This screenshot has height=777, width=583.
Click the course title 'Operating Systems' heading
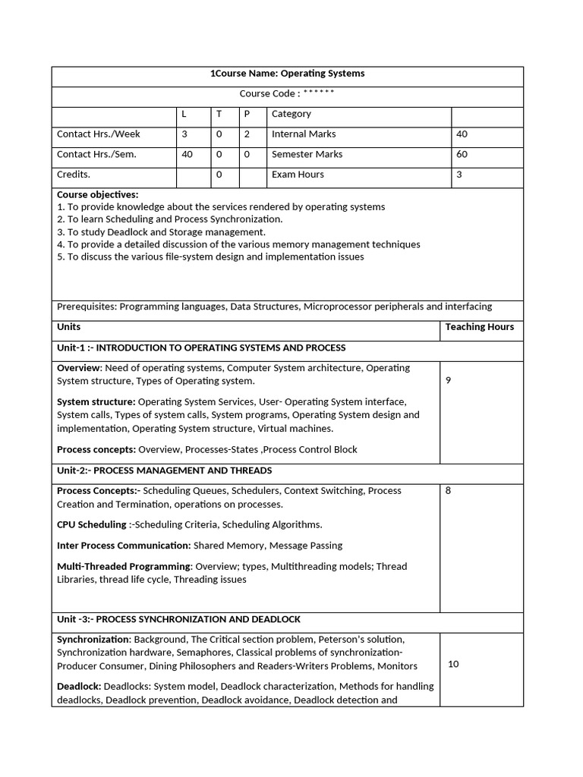click(x=287, y=74)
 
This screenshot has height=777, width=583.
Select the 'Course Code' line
click(x=287, y=94)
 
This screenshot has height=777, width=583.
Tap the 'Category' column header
click(x=291, y=114)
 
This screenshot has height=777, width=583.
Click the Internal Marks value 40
click(x=462, y=134)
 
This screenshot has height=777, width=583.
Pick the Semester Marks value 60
click(x=462, y=154)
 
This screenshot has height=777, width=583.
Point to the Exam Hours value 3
click(x=459, y=175)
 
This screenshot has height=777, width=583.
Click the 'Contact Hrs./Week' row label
click(x=98, y=134)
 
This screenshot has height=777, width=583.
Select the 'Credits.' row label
click(x=74, y=175)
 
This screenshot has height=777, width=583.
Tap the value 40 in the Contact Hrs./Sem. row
click(x=187, y=154)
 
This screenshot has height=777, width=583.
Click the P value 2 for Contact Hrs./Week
click(x=246, y=134)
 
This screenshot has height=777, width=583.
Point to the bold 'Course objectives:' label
click(x=97, y=194)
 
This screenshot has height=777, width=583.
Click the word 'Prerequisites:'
click(x=87, y=307)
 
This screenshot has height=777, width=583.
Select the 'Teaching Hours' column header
click(x=479, y=327)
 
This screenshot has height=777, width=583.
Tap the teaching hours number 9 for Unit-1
click(x=448, y=380)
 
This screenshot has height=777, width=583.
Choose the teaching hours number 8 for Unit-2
click(x=448, y=491)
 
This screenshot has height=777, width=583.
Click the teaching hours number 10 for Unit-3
click(x=453, y=664)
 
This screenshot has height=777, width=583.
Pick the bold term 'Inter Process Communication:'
click(x=124, y=546)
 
